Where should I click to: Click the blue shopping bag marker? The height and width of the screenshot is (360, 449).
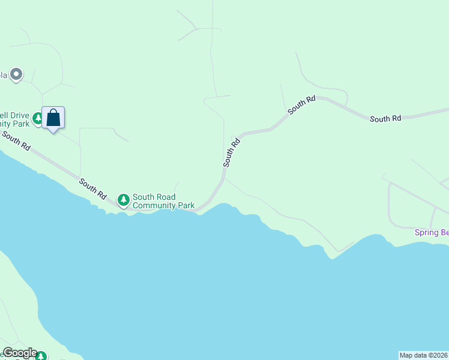coord(53,118)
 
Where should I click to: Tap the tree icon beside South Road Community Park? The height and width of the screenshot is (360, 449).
coord(124,199)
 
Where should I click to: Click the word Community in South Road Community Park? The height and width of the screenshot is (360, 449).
coord(154,205)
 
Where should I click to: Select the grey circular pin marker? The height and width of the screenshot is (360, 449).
coord(16,74)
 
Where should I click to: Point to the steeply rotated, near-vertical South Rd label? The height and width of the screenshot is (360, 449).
coord(232,152)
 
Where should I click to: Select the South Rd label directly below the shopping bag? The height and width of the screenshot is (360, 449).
coord(16,141)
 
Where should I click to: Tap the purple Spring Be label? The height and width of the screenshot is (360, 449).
coord(432,232)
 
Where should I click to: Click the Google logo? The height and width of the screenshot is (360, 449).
coord(19,353)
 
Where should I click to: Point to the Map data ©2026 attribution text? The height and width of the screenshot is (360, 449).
coord(423,355)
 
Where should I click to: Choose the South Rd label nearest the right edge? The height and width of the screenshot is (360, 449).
coord(385,119)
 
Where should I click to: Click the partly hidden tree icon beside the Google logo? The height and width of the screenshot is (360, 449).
coord(41,356)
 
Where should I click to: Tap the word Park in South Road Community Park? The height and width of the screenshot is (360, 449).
coord(185,205)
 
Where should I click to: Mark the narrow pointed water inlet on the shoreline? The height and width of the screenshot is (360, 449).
coord(331,256)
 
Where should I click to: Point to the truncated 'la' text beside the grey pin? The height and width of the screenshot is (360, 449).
coord(3,75)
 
